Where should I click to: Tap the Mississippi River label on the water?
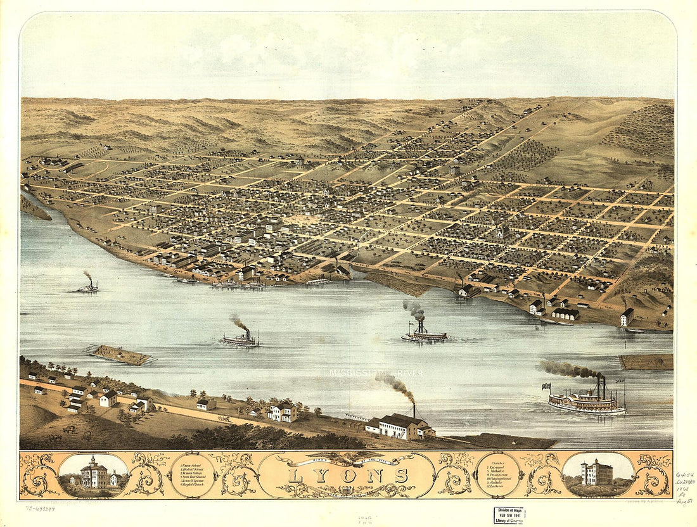(376, 373)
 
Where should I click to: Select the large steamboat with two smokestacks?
(587, 401)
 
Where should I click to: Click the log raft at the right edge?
(646, 362)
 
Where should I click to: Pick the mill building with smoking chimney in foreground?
(399, 426)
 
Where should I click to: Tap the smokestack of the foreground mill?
(414, 410)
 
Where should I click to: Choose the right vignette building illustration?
(596, 473)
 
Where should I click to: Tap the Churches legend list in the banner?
(499, 473)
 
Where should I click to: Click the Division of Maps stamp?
(509, 515)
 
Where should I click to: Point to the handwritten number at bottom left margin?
(40, 508)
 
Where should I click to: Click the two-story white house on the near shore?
(282, 412)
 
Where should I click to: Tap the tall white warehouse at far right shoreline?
(627, 317)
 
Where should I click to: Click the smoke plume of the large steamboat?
(567, 369)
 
